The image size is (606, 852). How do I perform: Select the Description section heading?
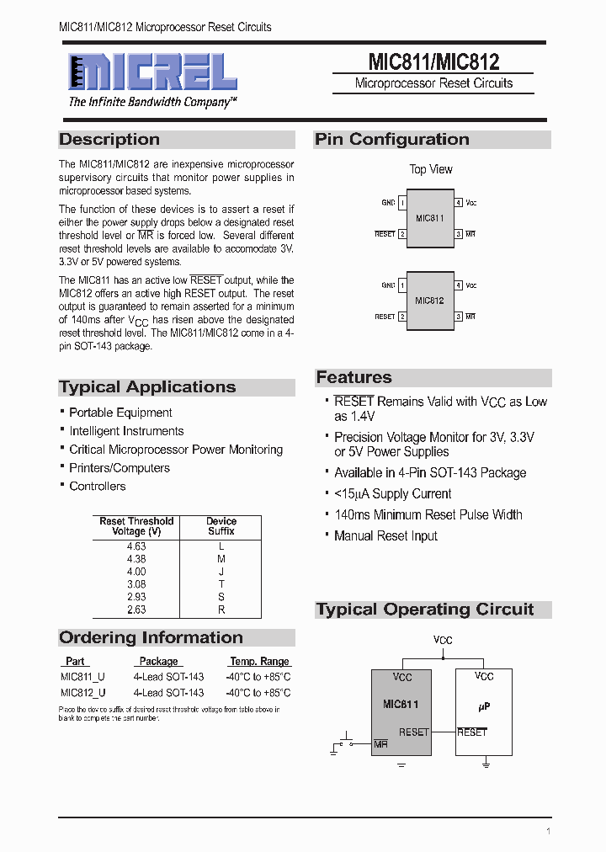(x=109, y=140)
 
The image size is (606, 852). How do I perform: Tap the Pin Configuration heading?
(x=392, y=140)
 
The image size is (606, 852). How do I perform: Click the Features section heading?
(x=354, y=377)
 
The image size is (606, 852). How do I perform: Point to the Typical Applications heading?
(x=147, y=387)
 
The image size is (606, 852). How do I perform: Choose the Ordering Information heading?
(x=151, y=637)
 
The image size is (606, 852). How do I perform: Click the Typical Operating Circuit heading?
(x=425, y=610)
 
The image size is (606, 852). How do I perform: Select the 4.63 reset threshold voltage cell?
(x=136, y=546)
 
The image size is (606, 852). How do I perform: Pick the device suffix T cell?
(x=221, y=584)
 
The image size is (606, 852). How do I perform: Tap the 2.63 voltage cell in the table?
(x=136, y=610)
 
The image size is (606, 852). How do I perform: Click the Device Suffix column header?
(x=221, y=526)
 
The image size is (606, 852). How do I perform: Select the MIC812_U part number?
(x=83, y=693)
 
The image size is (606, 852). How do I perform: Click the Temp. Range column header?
(x=259, y=662)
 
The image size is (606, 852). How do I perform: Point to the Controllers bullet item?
(x=97, y=487)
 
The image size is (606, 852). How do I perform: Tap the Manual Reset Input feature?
(x=385, y=536)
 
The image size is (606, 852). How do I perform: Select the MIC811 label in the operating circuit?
(x=401, y=705)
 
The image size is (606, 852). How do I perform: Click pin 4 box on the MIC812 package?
(x=459, y=285)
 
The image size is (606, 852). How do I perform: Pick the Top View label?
(x=431, y=169)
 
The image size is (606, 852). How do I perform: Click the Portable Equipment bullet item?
(x=120, y=413)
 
